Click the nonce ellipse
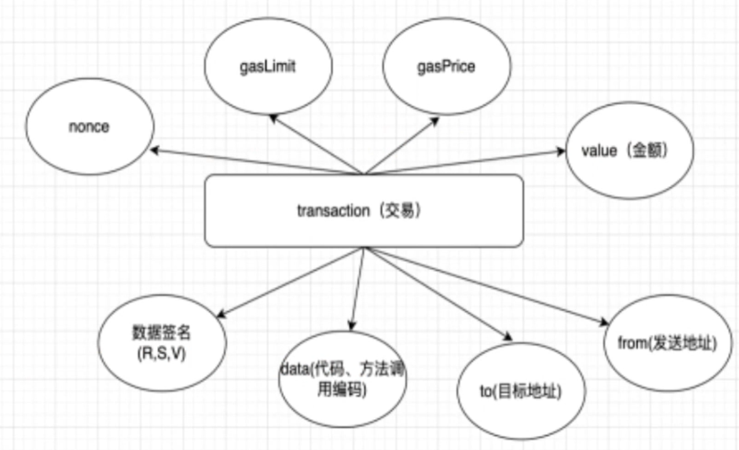pyautogui.click(x=89, y=128)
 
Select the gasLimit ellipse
pyautogui.click(x=267, y=67)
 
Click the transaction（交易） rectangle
pyautogui.click(x=364, y=211)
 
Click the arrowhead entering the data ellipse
pyautogui.click(x=352, y=327)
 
